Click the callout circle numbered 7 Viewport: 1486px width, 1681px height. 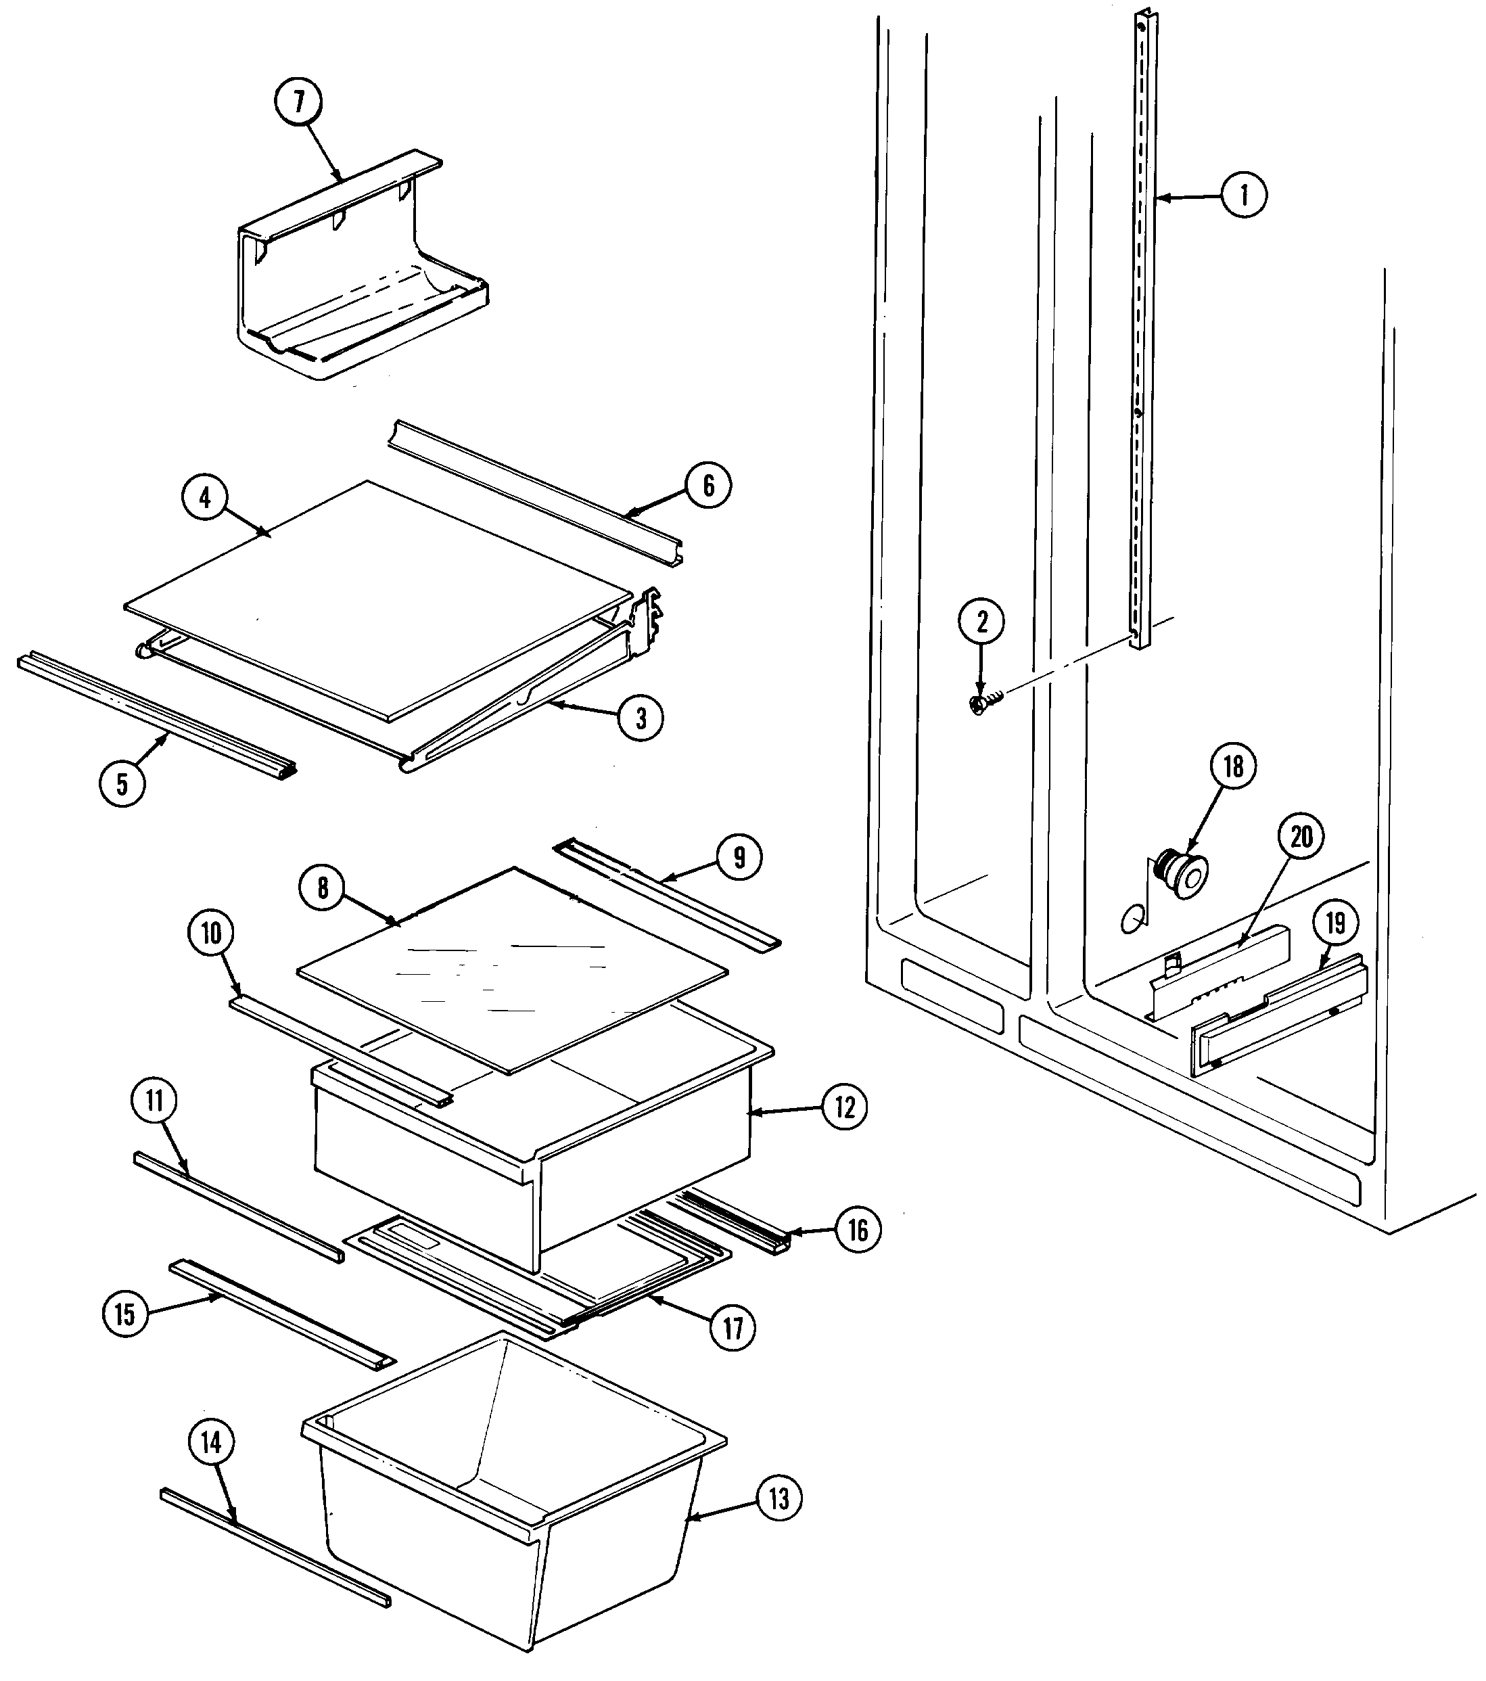298,101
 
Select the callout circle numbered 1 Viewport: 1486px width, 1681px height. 1243,195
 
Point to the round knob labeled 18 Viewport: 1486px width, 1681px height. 1184,875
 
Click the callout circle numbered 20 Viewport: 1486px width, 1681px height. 1301,838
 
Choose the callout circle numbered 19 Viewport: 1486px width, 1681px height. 1334,923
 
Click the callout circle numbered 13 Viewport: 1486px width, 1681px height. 778,1498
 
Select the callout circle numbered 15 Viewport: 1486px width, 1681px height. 125,1314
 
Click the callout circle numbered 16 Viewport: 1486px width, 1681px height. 857,1230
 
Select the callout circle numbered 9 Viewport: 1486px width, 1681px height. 739,858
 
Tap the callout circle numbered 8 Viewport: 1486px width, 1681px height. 323,888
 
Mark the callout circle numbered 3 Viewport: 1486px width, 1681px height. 641,718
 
